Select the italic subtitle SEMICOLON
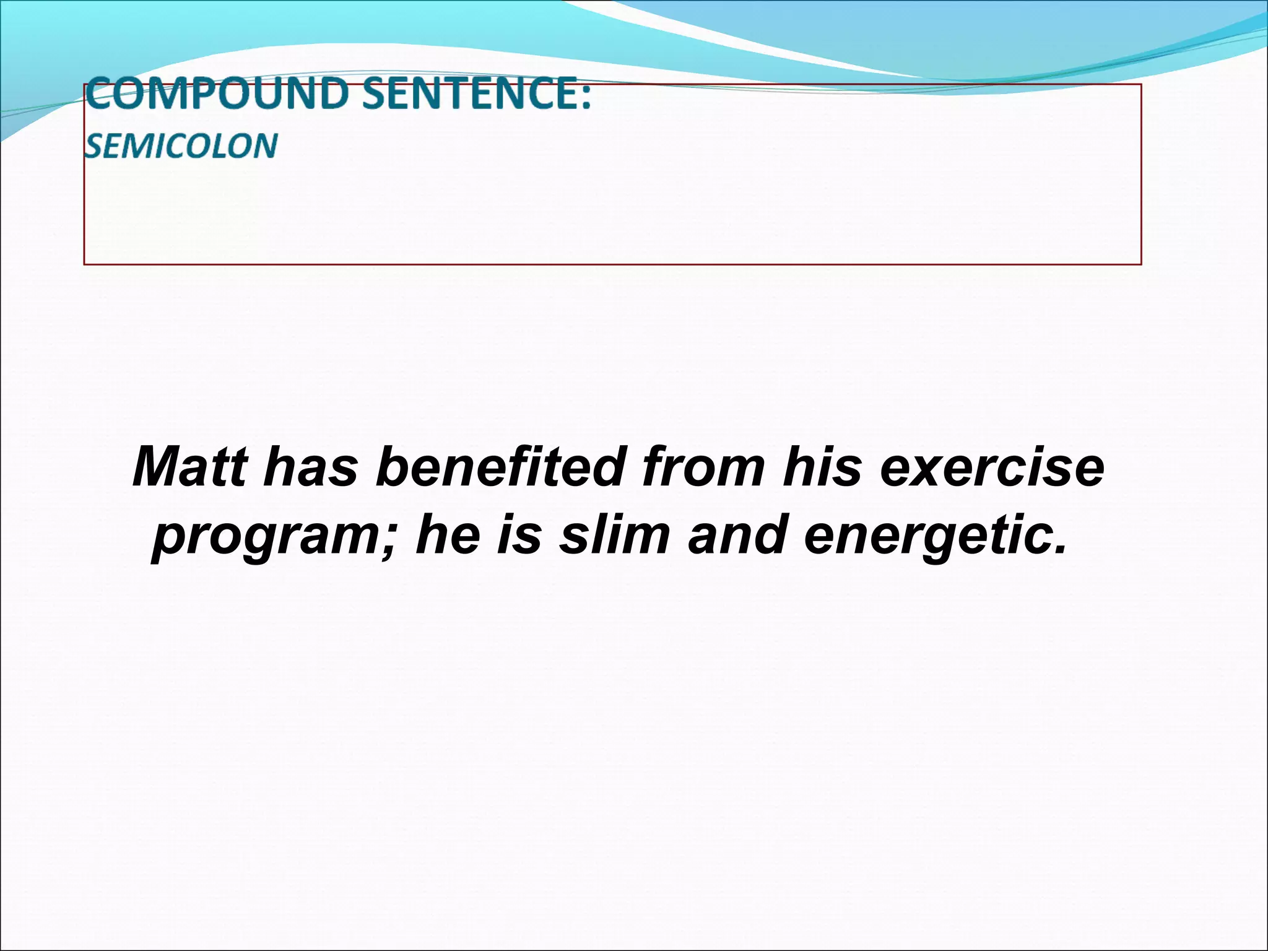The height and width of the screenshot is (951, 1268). click(181, 146)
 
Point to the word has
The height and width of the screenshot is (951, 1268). click(310, 467)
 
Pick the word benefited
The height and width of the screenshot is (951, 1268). click(499, 467)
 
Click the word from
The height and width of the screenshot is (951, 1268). click(703, 467)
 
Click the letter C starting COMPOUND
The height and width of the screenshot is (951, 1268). click(99, 95)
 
